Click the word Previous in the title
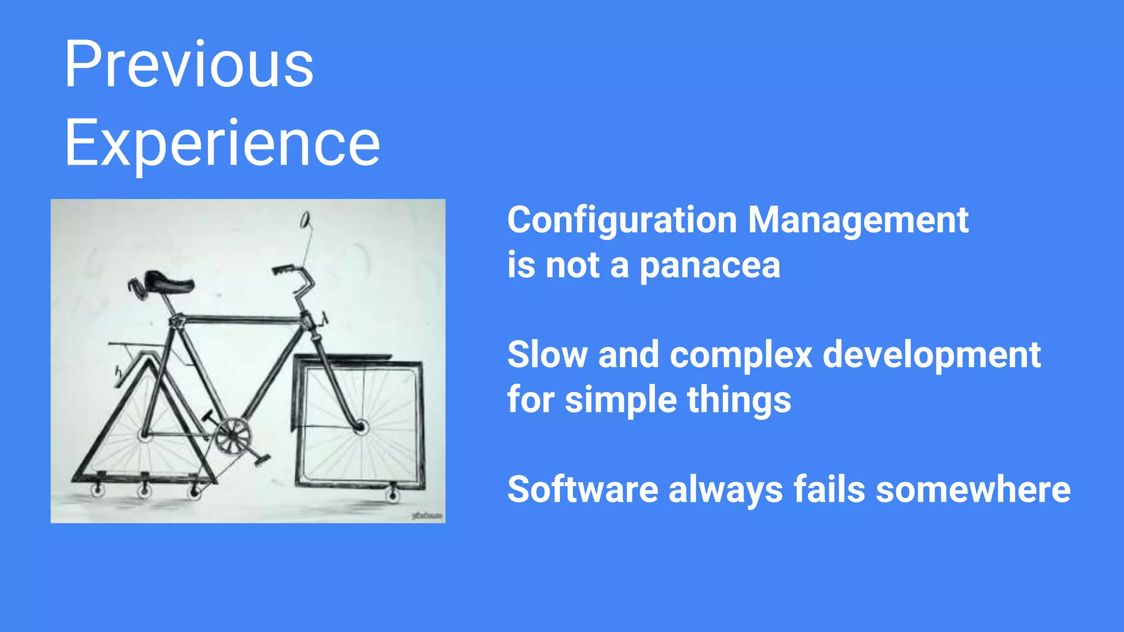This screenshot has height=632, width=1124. click(x=189, y=65)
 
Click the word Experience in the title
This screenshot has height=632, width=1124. click(x=222, y=144)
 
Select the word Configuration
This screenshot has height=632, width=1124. click(x=621, y=221)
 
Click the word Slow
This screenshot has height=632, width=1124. click(x=547, y=355)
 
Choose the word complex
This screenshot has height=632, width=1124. click(x=740, y=355)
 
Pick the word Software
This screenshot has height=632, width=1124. click(x=582, y=489)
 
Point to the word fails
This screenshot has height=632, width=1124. click(x=829, y=489)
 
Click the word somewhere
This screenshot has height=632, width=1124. click(x=973, y=489)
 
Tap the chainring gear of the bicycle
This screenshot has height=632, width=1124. click(x=232, y=436)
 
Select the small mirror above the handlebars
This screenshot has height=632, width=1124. click(x=305, y=220)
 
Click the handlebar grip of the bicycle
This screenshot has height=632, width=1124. click(x=283, y=269)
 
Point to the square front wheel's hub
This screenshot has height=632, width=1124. click(x=361, y=426)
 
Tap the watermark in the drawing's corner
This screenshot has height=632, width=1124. click(x=427, y=515)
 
